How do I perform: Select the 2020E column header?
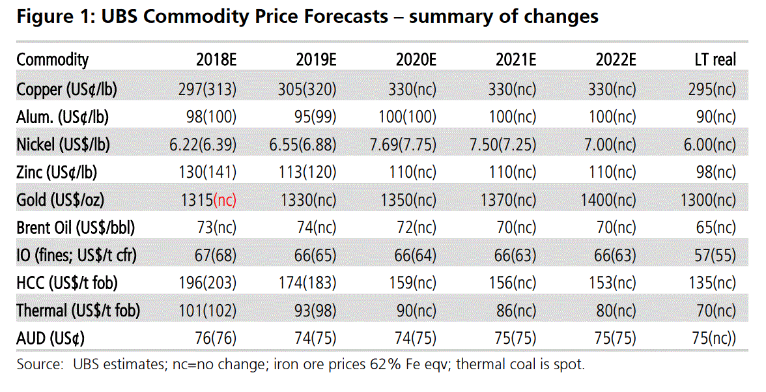416,60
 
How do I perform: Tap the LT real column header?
715,60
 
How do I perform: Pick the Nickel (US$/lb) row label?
63,145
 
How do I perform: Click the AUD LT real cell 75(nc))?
714,339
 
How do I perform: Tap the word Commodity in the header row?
52,60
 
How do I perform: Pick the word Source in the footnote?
38,364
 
